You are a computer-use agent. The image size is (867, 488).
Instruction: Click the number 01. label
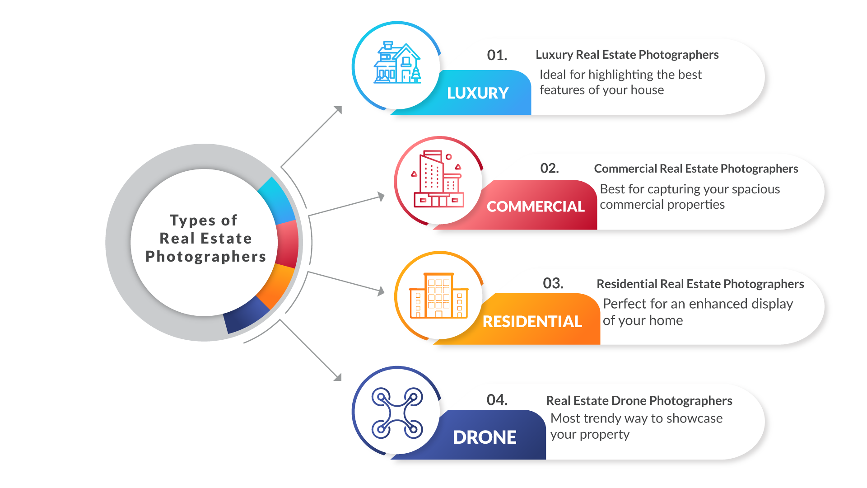point(497,55)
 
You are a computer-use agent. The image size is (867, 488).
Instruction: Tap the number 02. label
point(550,169)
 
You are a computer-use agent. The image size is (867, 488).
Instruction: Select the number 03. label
point(553,283)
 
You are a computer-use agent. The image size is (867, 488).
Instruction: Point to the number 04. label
point(497,400)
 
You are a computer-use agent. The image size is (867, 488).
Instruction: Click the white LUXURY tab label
point(478,93)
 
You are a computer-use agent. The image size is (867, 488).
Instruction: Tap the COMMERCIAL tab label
point(536,206)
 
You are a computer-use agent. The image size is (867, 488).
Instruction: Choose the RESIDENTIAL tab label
point(532,322)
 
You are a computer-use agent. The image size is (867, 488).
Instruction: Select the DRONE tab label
point(485,437)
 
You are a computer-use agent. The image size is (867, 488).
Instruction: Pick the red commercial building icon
point(438,179)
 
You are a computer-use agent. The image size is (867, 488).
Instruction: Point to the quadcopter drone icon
point(397,413)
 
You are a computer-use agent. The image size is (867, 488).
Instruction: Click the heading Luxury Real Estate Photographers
point(627,55)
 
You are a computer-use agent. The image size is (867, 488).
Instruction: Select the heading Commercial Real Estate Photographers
point(696,169)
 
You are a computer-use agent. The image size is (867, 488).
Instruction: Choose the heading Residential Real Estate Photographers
point(700,284)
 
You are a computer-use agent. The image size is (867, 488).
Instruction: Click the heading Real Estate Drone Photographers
point(639,401)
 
